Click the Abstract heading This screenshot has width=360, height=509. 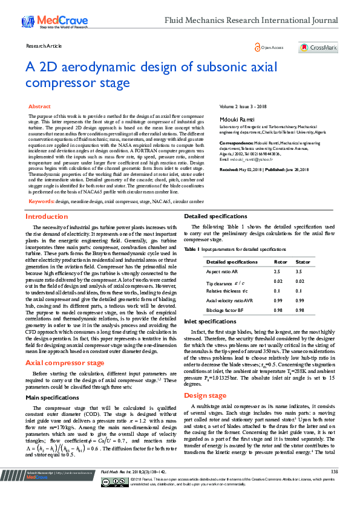pos(40,106)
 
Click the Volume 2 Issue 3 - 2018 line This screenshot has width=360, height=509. pos(241,106)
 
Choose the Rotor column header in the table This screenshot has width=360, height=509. pos(281,262)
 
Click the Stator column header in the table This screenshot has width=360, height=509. pos(303,262)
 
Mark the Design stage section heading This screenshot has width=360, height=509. pos(205,395)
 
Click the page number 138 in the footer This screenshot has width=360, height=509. pos(335,488)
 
